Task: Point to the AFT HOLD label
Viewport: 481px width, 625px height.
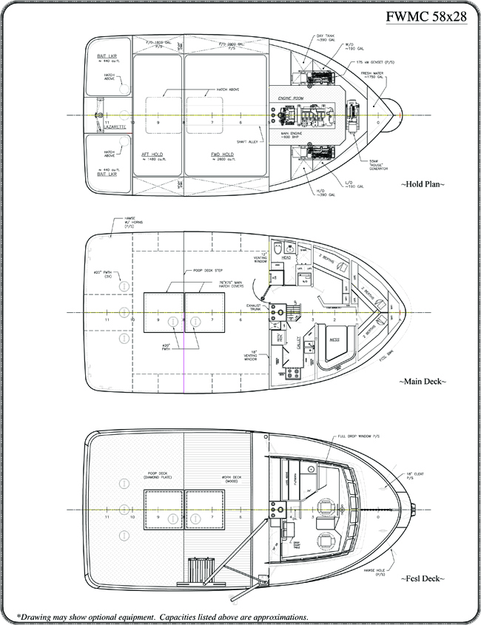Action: (152, 155)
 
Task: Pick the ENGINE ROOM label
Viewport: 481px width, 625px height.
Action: (292, 98)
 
